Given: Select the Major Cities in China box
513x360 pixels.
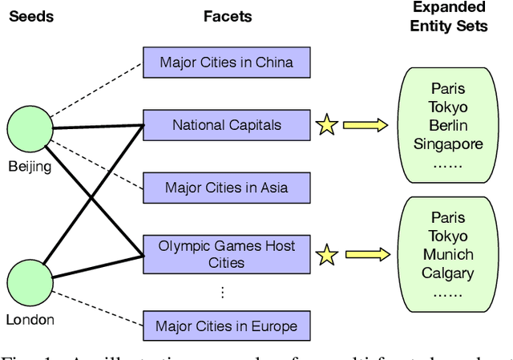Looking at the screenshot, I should pos(226,62).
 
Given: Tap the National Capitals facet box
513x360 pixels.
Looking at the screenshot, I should pos(226,125).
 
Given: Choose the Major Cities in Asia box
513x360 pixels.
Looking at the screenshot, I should pos(226,188).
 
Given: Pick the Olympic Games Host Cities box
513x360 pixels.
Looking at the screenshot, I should pos(226,253).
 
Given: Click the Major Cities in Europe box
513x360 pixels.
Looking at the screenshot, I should pos(226,326).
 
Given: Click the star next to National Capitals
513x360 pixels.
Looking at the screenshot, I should pos(325,125).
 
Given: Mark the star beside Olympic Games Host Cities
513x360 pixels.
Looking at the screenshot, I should pos(325,256).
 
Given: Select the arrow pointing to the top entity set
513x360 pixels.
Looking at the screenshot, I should pos(365,125).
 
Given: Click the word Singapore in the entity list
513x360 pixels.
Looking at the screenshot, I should pos(448,144).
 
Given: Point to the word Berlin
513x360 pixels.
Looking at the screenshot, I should pos(448,126).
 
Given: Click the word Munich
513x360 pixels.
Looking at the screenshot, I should pos(448,255).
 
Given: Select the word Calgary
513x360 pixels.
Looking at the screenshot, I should pos(448,273).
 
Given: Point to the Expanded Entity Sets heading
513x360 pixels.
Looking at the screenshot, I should pos(448,16).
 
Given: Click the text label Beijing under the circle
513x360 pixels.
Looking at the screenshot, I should pos(30,166).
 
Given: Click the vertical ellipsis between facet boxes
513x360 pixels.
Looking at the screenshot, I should pos(223,293).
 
